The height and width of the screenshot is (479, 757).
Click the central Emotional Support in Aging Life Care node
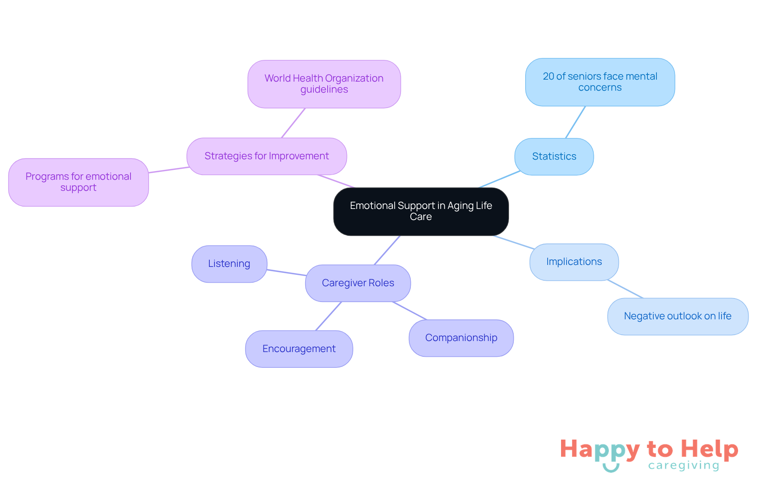pos(421,211)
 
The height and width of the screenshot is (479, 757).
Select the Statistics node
pos(554,157)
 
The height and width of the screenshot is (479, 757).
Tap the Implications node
pos(574,262)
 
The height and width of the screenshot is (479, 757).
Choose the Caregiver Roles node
pos(358,283)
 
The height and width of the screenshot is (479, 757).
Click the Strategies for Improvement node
pos(267,156)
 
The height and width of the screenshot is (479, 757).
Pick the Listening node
pos(229,264)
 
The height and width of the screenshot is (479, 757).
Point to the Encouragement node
pos(299,349)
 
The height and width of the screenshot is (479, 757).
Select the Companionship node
pos(461,338)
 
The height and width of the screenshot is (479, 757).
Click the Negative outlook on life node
pos(677,316)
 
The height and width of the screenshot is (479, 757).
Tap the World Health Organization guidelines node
pos(324,84)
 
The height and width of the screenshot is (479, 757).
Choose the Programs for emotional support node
pos(78,182)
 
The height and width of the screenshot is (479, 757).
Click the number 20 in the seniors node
pos(548,76)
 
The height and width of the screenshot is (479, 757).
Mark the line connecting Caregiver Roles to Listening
pos(286,272)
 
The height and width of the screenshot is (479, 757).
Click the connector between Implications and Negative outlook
pos(625,289)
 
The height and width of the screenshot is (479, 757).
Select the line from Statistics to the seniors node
pos(576,122)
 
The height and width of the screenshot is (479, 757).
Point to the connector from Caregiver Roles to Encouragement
pos(328,316)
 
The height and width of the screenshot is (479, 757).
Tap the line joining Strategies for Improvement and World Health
pos(293,123)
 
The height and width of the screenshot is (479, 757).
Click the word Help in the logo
pos(709,449)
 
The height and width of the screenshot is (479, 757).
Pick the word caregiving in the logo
pos(684,466)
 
